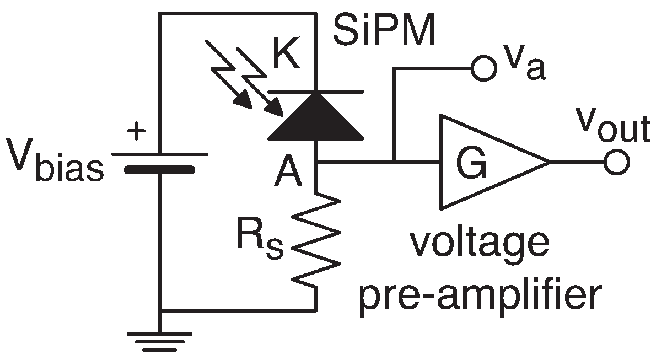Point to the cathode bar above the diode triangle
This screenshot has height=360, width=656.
click(x=315, y=90)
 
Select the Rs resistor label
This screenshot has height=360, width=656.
click(x=260, y=240)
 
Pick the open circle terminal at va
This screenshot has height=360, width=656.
click(x=480, y=69)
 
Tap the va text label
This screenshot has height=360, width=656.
click(x=521, y=66)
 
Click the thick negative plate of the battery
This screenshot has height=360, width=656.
click(x=159, y=170)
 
